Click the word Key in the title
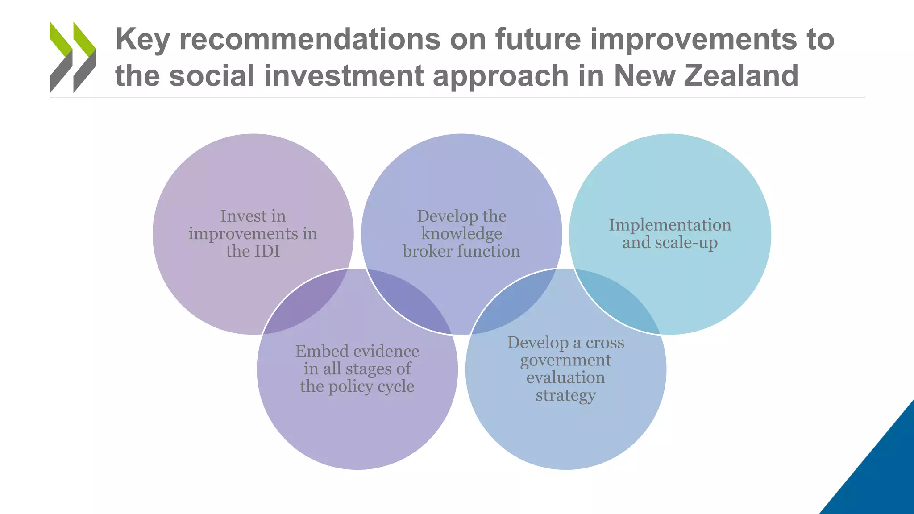point(142,40)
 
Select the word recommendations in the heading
point(310,39)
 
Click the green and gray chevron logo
point(73,57)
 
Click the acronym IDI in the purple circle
point(266,251)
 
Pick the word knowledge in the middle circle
point(461,234)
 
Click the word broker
point(428,251)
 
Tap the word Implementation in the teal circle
point(670,225)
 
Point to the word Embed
point(316,352)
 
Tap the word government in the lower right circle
point(565,361)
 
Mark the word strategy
point(565,396)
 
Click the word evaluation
point(565,378)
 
